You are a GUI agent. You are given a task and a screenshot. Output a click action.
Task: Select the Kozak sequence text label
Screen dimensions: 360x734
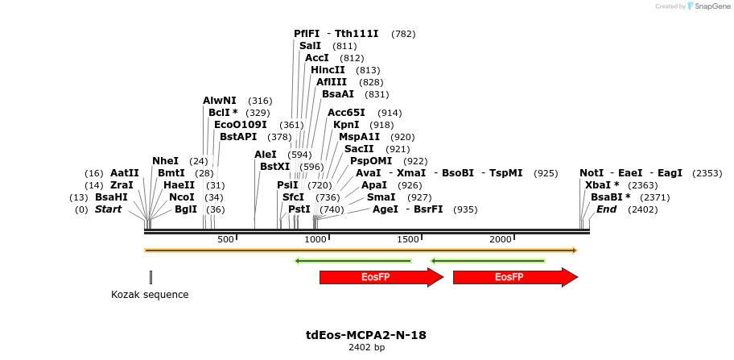point(150,295)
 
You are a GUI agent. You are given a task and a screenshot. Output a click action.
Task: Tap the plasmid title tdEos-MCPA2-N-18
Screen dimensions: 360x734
point(366,335)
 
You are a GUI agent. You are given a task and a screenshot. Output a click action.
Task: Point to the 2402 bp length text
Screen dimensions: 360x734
point(366,348)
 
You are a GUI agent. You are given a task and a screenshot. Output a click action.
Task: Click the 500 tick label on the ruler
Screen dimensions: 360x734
point(225,239)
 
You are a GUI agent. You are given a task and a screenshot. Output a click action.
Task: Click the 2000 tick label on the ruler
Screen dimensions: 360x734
point(501,239)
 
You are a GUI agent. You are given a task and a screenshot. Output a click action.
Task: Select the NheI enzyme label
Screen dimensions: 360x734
point(165,161)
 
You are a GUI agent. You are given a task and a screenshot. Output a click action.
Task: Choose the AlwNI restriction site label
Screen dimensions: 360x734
point(220,101)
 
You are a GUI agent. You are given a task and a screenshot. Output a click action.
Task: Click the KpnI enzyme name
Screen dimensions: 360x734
point(346,125)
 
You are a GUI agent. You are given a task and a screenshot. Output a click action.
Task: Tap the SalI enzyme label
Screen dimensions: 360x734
point(310,46)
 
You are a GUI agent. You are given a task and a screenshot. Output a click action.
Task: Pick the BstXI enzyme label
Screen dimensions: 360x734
point(274,167)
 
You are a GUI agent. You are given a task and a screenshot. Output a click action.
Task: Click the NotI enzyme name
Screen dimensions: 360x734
point(592,173)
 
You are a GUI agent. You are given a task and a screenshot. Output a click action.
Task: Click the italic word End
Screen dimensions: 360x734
point(606,209)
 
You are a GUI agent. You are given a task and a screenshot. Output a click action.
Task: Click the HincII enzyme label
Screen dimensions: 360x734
point(328,70)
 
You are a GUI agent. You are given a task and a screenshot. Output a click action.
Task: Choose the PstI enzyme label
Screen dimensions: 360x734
point(299,209)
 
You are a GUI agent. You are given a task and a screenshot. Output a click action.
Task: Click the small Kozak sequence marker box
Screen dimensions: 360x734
point(151,277)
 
